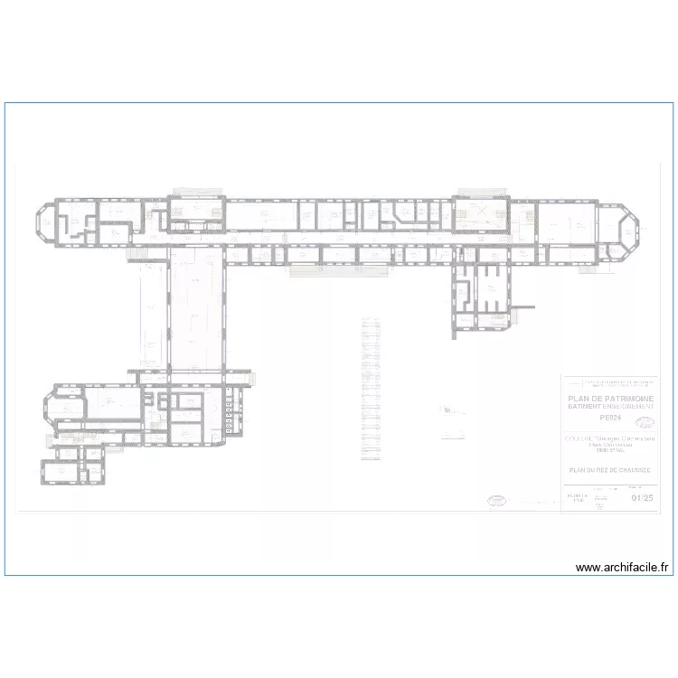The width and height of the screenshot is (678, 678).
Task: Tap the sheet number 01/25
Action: pos(643,497)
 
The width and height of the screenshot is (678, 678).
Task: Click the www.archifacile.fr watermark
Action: pos(623,568)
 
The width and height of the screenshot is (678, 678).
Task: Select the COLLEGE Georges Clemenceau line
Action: pos(611,438)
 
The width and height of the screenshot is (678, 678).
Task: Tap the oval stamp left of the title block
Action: pos(497,499)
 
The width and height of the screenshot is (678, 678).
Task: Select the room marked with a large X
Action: pos(481,213)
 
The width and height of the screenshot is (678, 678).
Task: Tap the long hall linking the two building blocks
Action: pos(195,312)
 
